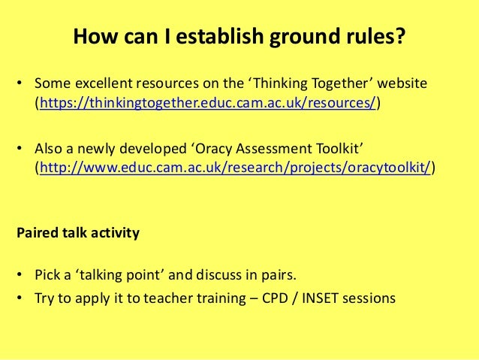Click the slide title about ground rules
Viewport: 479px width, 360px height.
(239, 37)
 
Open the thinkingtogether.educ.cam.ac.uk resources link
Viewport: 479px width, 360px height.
(208, 104)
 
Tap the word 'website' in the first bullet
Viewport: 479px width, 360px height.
(403, 82)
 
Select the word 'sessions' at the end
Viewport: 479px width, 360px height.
(369, 297)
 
